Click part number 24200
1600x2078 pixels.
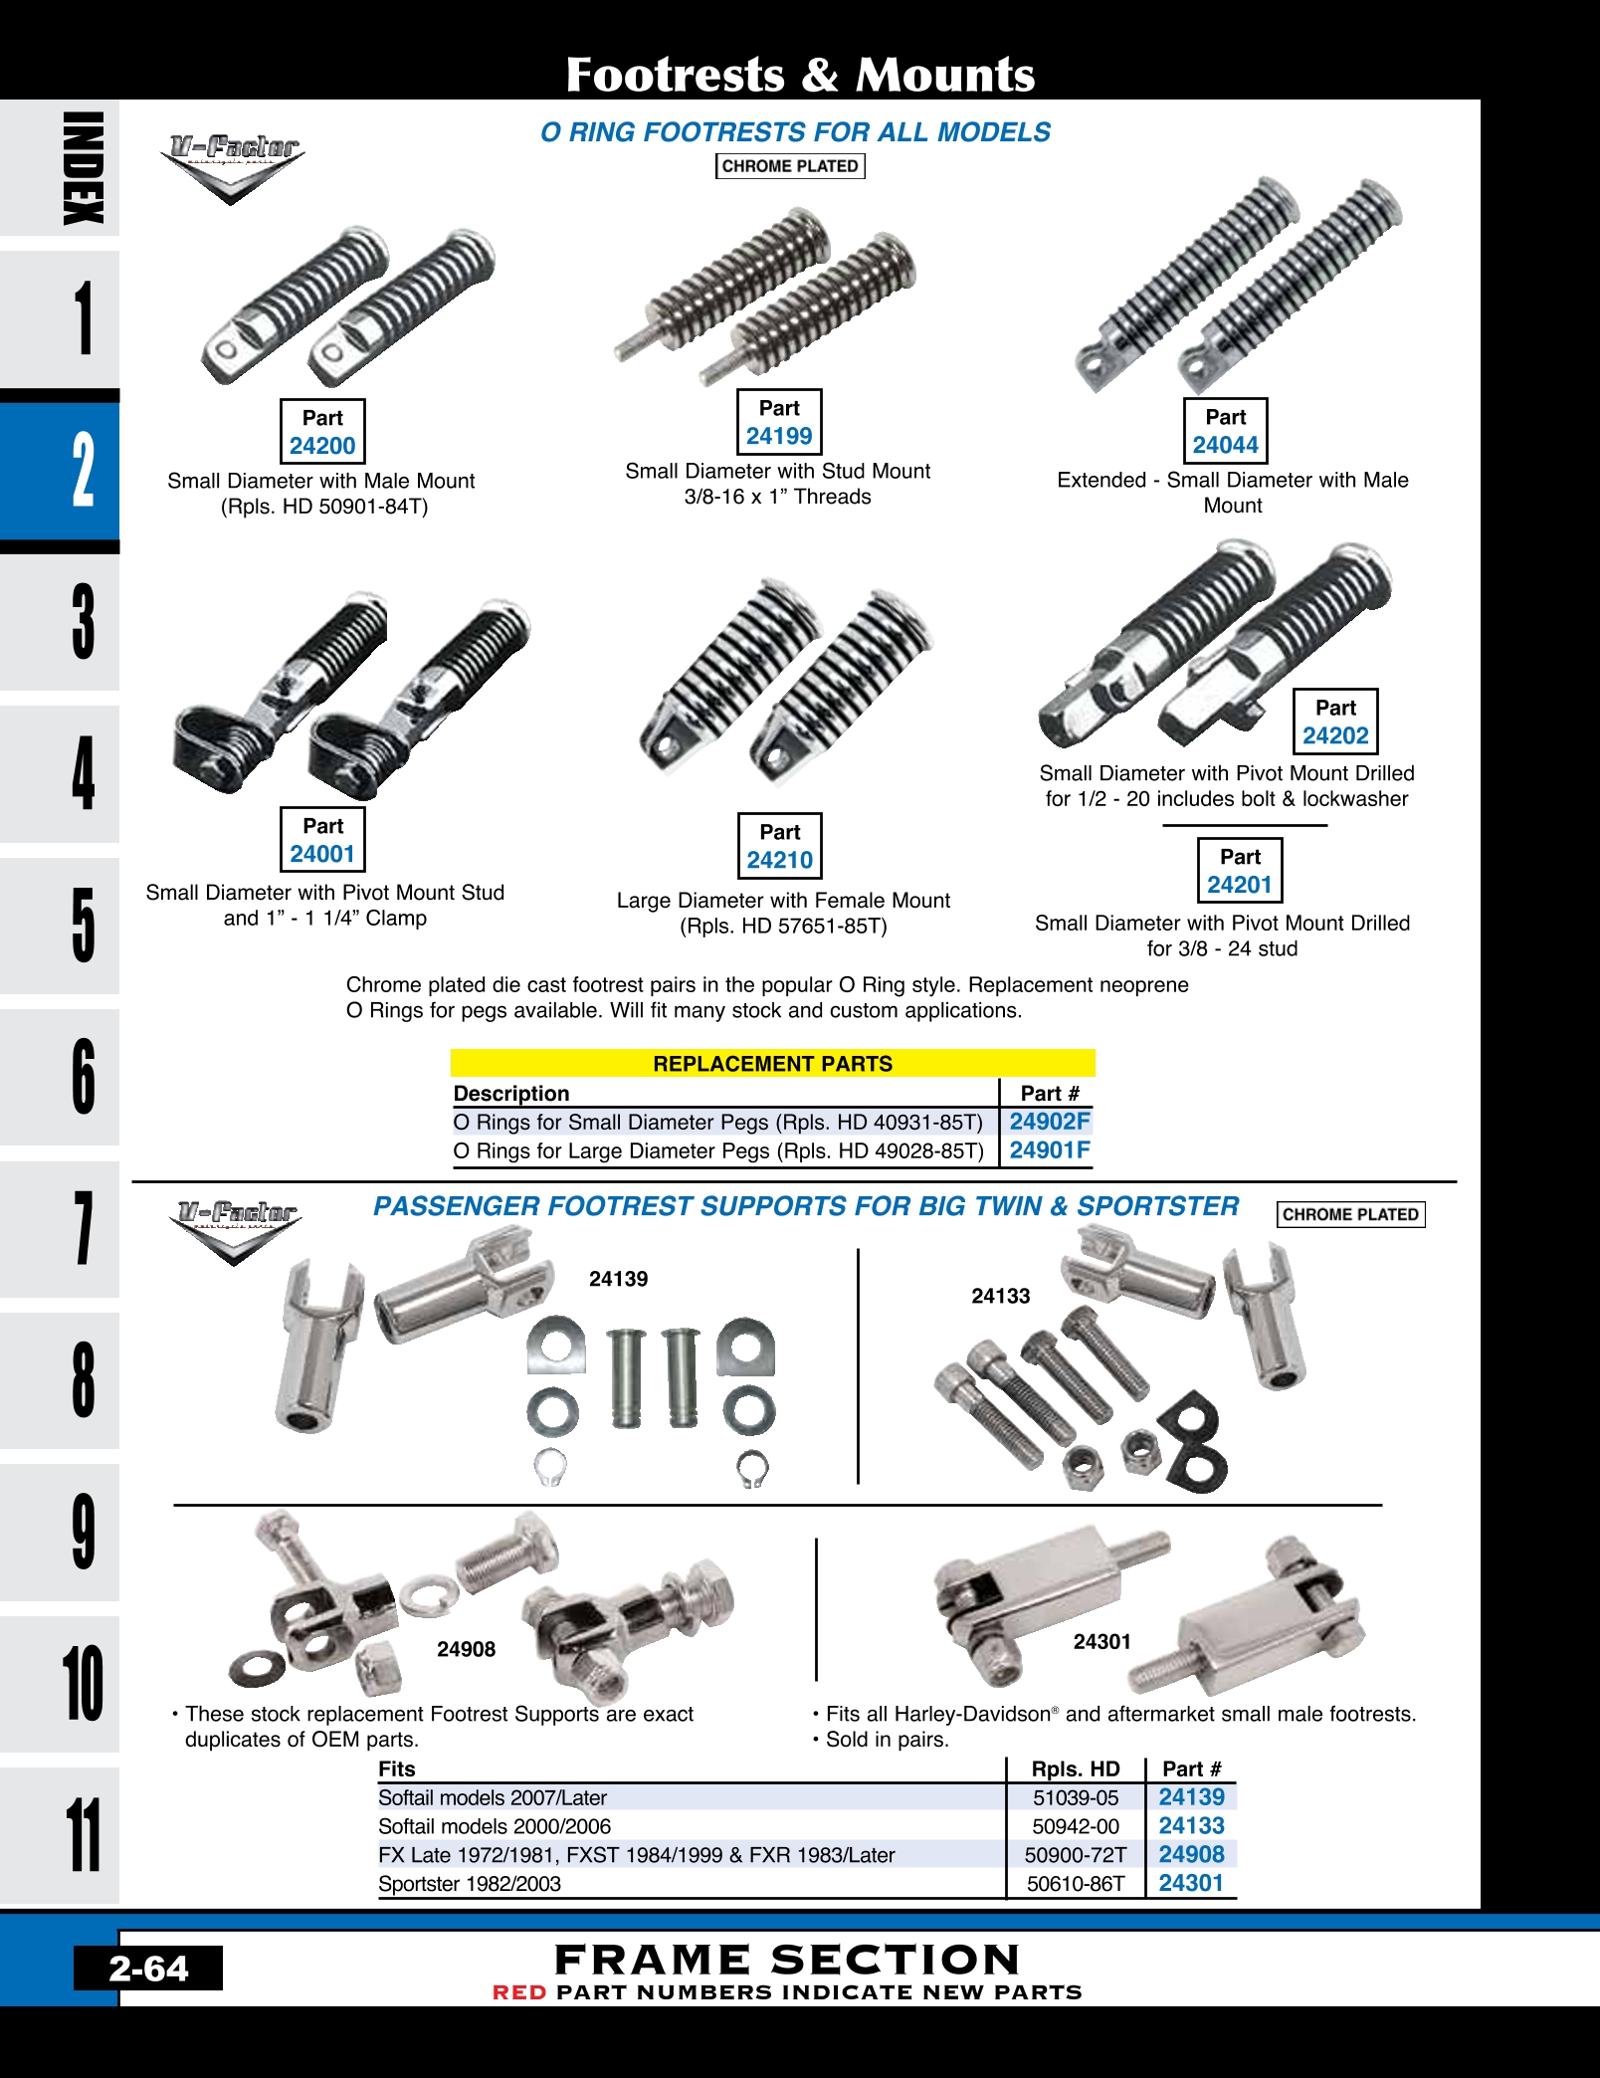(x=322, y=446)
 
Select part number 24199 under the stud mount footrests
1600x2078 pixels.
(x=779, y=436)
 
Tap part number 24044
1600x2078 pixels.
(x=1226, y=445)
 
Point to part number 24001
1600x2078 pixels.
(x=322, y=854)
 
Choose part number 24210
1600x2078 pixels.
(x=780, y=860)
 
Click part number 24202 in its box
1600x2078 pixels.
(x=1335, y=735)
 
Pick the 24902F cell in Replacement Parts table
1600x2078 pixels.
(x=1050, y=1122)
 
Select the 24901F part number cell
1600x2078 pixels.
(x=1050, y=1150)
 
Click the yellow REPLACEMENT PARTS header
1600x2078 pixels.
(x=773, y=1063)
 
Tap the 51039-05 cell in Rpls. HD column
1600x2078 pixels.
(x=1076, y=1797)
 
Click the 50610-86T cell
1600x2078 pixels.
(x=1076, y=1883)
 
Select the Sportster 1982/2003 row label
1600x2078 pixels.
(x=470, y=1883)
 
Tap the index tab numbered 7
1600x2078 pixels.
(x=60, y=1229)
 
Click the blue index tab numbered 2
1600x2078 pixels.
(x=60, y=471)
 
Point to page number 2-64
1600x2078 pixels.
(x=148, y=1968)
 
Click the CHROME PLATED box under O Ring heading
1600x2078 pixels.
(x=790, y=166)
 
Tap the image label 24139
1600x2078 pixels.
(x=618, y=1279)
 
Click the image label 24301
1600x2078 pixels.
(x=1101, y=1641)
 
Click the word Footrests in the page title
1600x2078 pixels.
(x=676, y=75)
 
